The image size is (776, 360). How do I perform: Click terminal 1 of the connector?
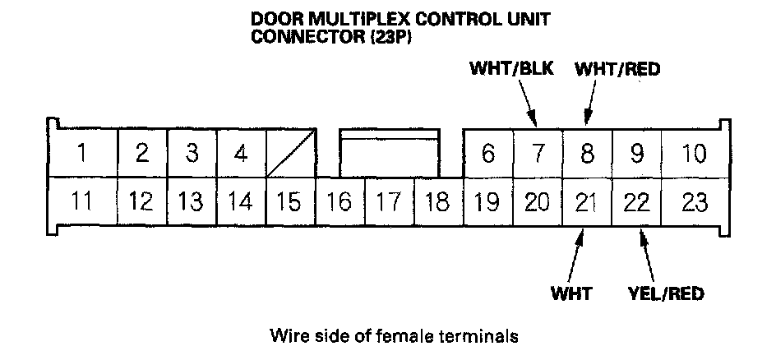pos(81,153)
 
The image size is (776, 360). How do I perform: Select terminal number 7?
pos(537,153)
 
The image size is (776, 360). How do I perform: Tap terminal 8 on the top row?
pos(587,153)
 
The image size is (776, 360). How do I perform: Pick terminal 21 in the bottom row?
pos(586,201)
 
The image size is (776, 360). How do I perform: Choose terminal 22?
pos(636,201)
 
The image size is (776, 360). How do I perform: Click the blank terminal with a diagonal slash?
pos(292,153)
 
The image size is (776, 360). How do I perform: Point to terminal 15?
pos(291,201)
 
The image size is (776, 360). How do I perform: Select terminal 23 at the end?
pos(695,201)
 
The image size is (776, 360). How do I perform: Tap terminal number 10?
pos(695,153)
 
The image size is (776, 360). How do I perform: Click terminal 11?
pos(81,201)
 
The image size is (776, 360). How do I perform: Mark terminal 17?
pos(390,201)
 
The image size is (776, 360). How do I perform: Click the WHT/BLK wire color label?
pos(510,69)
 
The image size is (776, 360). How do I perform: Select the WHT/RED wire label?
pos(618,69)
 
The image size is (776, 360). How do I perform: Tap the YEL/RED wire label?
pos(665,293)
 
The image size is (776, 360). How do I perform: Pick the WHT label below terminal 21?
pos(571,293)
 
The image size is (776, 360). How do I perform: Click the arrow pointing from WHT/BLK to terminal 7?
pos(528,105)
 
